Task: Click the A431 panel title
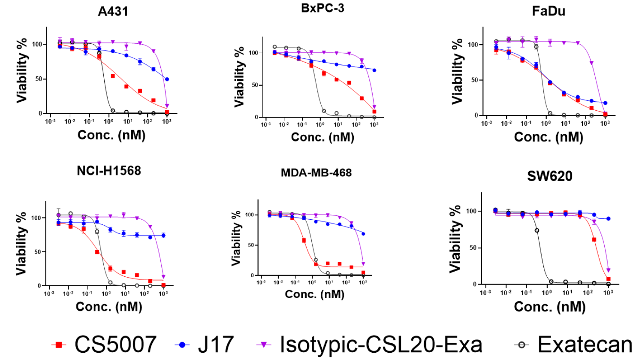coord(113,11)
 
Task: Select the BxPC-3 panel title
coord(323,8)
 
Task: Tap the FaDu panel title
coord(549,11)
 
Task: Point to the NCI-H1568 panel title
coord(109,171)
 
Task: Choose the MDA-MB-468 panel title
coord(316,172)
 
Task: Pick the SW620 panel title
coord(550,176)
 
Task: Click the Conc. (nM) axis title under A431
coord(112,135)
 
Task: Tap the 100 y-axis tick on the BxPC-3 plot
coord(253,53)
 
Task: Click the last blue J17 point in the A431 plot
coord(167,79)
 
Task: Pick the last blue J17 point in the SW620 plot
coord(608,219)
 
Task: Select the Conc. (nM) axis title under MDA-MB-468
coord(315,294)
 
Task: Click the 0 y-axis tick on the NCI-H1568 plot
coord(39,286)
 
